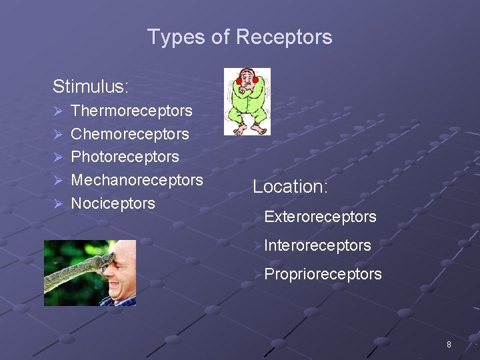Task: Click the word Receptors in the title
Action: coord(288,37)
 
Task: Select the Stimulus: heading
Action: coord(91,87)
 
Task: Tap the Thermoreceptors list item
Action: coord(131,111)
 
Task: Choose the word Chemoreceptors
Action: coord(130,134)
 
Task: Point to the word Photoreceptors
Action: coord(125,157)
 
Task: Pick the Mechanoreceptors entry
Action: coord(137,180)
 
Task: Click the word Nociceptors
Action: coord(113,203)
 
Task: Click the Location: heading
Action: coord(290,187)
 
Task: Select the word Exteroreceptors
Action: coord(320,217)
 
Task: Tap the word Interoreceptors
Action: coord(317,245)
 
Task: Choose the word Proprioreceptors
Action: coord(323,274)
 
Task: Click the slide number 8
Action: coord(449,345)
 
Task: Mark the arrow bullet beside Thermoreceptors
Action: coord(58,111)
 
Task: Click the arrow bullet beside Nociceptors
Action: coord(58,204)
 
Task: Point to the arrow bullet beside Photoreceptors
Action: coord(58,158)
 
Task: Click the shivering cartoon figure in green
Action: coord(247,101)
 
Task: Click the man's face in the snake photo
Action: coord(120,277)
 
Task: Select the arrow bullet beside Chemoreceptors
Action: coord(58,135)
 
